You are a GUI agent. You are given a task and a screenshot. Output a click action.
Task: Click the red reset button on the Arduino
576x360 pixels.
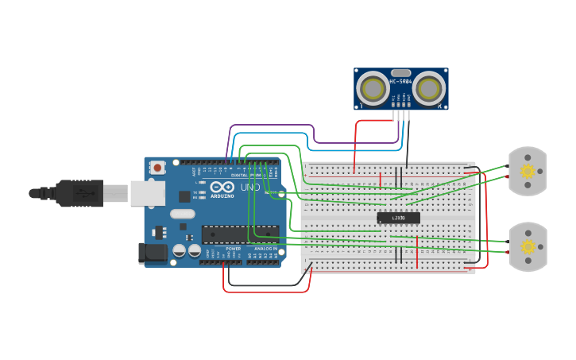point(157,167)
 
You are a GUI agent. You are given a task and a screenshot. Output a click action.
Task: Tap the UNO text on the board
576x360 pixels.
point(250,188)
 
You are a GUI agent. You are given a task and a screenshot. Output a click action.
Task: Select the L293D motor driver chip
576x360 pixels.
point(398,218)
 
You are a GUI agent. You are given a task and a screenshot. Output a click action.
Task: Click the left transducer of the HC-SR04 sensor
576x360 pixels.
point(372,88)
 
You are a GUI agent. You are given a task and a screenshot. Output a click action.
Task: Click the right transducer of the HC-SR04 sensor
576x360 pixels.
point(428,88)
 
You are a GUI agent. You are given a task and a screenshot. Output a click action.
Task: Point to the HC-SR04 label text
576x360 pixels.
point(400,81)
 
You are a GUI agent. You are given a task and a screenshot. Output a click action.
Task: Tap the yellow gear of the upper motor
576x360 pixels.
point(528,171)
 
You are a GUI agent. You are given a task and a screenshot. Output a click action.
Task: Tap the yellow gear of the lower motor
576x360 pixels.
point(528,246)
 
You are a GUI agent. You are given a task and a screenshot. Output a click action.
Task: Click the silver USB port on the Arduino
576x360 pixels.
point(148,193)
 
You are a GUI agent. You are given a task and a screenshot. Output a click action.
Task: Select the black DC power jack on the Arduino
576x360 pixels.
point(153,253)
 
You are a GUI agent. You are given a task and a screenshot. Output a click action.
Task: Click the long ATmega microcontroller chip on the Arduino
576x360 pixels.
point(240,234)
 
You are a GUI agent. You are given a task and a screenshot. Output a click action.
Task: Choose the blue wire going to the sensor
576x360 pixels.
point(358,149)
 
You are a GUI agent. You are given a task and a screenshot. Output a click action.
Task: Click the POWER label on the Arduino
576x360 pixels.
point(233,249)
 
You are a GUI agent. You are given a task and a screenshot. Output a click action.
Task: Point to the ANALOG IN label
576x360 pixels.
point(265,249)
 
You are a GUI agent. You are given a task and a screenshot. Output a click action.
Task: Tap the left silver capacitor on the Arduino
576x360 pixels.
point(180,250)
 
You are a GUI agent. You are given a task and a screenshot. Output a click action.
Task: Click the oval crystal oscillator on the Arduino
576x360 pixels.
point(182,213)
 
